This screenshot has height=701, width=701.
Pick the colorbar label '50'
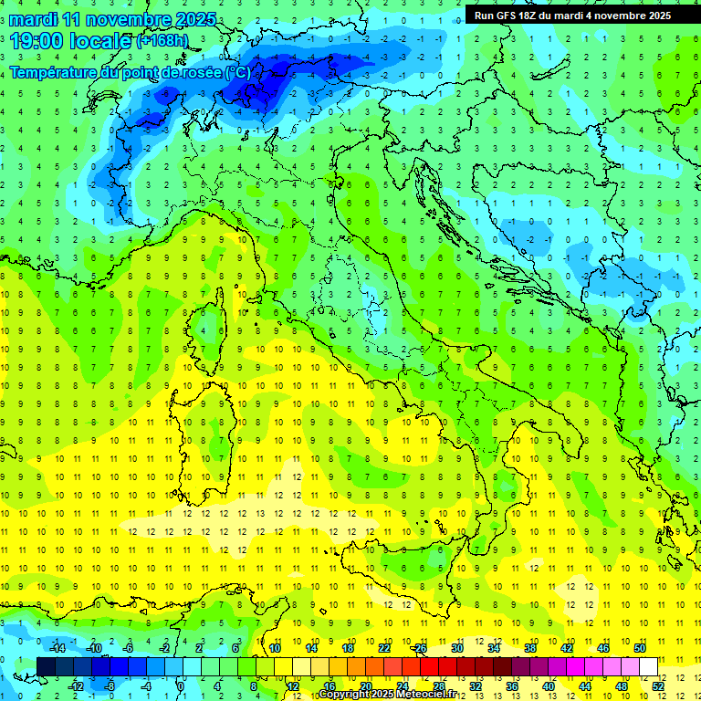(639, 648)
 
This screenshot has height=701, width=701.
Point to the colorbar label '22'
(384, 648)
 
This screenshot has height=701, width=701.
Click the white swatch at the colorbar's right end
(648, 666)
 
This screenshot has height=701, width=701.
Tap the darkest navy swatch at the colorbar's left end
(47, 666)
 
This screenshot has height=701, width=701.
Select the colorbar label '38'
(530, 648)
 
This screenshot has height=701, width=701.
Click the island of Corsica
(213, 324)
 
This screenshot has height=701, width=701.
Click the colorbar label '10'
(275, 648)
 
